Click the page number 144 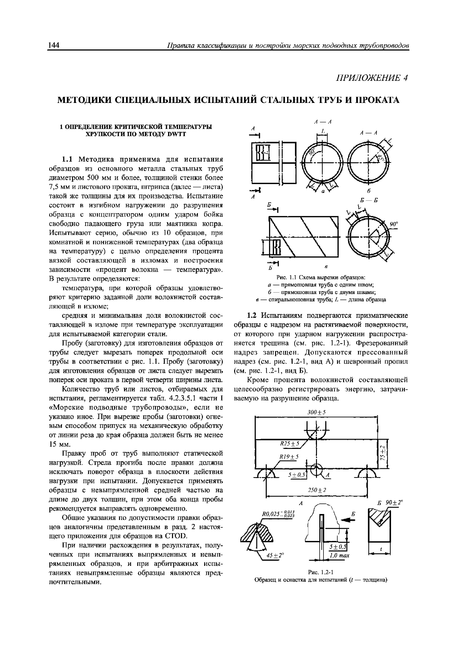point(53,45)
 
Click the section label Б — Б point(369,200)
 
